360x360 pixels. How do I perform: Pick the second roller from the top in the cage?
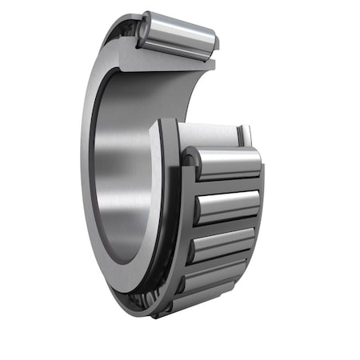coord(227,206)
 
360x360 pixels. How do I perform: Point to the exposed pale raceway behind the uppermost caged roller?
coord(208,134)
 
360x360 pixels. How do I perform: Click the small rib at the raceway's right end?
coord(246,135)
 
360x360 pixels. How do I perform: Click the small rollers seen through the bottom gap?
coord(141,299)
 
